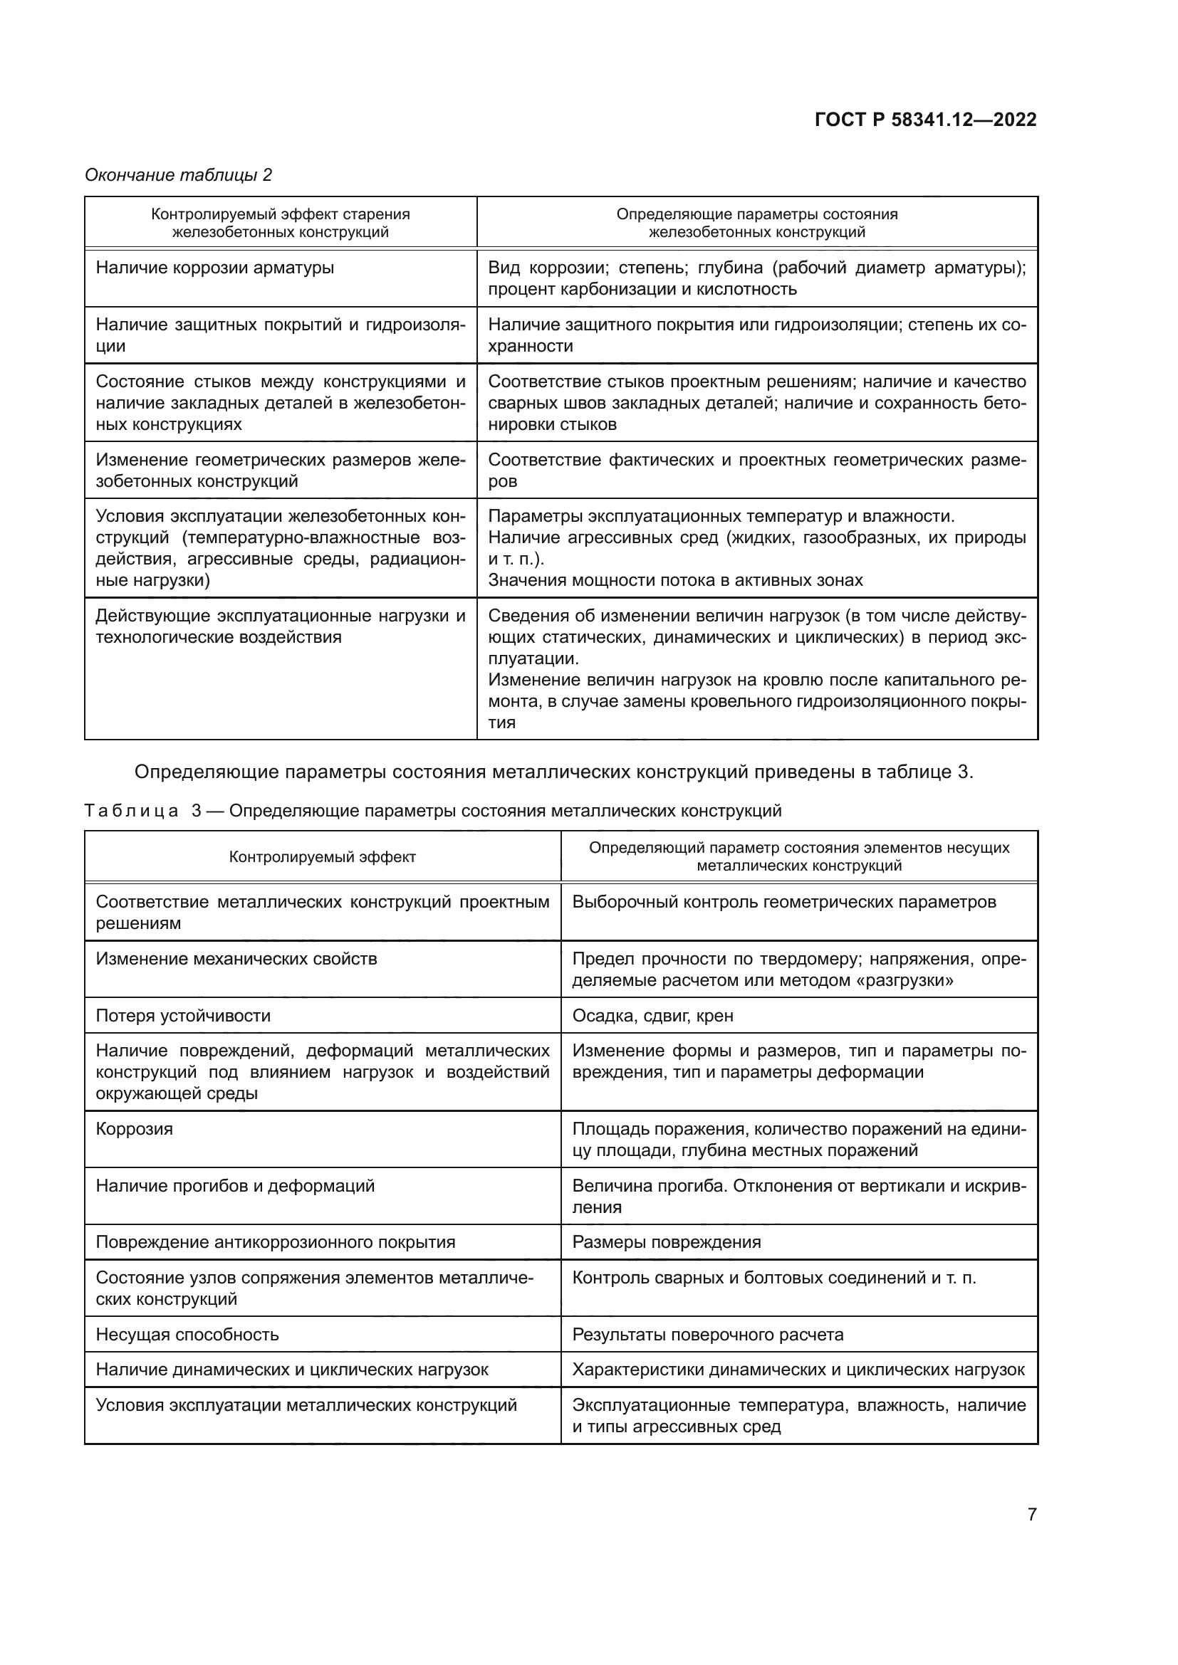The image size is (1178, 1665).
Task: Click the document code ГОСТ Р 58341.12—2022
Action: tap(926, 120)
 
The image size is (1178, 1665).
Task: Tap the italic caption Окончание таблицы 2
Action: tap(179, 175)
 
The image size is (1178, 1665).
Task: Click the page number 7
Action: tap(1031, 1514)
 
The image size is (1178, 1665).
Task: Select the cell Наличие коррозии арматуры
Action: tap(214, 268)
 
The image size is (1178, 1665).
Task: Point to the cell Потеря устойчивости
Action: tap(183, 1015)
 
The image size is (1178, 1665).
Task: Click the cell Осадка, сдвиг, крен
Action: tap(652, 1015)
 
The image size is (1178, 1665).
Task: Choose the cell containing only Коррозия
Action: tap(134, 1129)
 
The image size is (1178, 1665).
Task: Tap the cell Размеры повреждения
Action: tap(666, 1242)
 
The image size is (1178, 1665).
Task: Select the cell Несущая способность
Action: tap(187, 1334)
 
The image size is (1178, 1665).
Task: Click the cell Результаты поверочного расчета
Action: tap(707, 1334)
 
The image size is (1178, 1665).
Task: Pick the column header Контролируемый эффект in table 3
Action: tap(322, 857)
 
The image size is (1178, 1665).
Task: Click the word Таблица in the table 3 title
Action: tap(130, 811)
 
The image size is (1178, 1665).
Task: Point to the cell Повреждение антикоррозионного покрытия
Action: tap(275, 1242)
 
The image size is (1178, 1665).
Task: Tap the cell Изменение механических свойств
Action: tap(236, 959)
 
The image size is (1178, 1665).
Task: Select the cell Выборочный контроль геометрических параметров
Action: tap(783, 902)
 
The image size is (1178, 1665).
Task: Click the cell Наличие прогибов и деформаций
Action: tap(235, 1186)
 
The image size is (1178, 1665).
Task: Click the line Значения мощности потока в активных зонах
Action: tap(675, 580)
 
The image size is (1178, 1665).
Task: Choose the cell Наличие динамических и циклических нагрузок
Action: tap(291, 1370)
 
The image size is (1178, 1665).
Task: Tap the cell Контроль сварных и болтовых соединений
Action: tap(773, 1278)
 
